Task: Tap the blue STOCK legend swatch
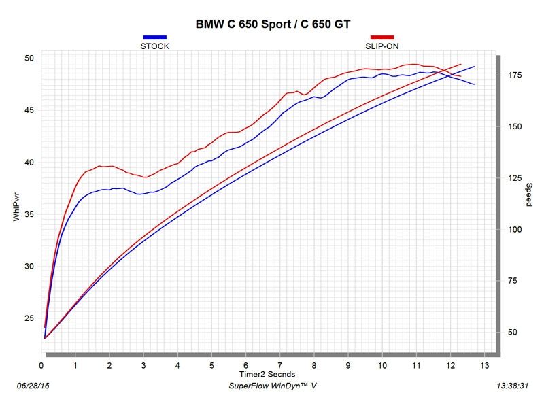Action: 154,37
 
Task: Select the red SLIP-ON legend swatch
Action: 381,37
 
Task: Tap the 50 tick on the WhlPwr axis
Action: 29,58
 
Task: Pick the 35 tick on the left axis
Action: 29,214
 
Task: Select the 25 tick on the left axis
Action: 29,318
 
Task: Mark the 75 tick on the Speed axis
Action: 511,281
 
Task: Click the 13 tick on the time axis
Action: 483,366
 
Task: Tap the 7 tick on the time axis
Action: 280,366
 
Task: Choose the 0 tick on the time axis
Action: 42,366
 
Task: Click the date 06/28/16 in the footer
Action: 33,386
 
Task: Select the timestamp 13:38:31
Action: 513,386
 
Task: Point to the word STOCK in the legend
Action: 154,46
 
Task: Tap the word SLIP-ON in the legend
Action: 381,46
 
